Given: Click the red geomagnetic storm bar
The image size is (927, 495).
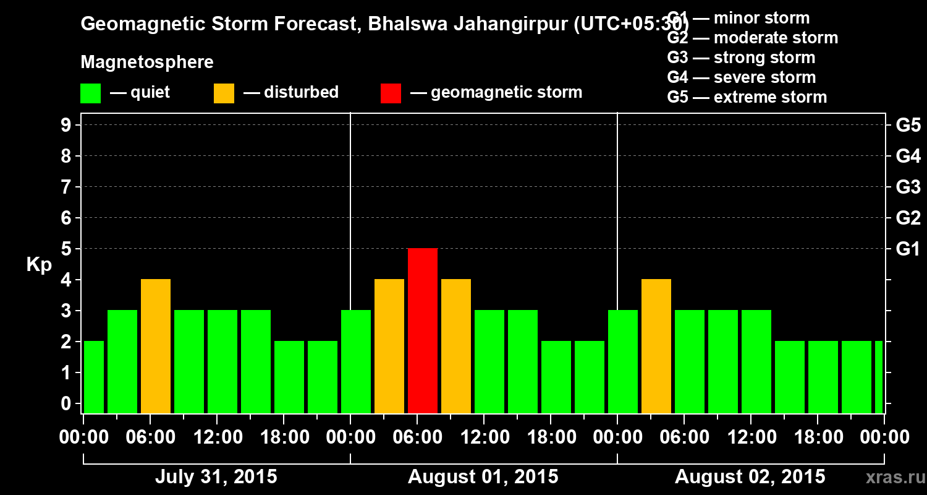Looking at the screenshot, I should click(x=423, y=330).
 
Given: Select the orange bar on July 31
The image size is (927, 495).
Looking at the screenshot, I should click(x=156, y=346).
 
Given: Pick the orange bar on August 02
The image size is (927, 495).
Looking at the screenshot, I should click(x=656, y=346).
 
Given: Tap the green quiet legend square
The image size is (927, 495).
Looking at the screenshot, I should click(x=90, y=93).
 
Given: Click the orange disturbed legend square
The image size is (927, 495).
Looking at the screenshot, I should click(x=224, y=93).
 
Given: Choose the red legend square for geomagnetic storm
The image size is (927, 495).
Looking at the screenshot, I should click(x=391, y=93).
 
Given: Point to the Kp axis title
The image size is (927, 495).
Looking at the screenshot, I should click(x=39, y=265).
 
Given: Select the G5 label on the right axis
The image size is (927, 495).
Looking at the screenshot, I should click(x=908, y=125).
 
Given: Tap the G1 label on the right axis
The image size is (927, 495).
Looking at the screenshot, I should click(x=908, y=249).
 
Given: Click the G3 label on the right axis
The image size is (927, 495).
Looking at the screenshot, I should click(x=908, y=187).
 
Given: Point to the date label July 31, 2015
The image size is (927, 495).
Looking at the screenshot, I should click(x=216, y=477).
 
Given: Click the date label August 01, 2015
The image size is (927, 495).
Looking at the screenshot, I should click(x=483, y=477).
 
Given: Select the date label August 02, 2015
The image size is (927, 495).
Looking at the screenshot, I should click(x=750, y=477).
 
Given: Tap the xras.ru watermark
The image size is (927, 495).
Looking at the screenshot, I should click(x=890, y=477).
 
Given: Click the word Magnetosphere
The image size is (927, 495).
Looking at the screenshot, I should click(x=147, y=62).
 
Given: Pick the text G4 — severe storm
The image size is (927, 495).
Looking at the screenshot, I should click(x=741, y=77).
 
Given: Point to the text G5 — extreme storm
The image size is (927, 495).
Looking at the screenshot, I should click(x=747, y=97).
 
